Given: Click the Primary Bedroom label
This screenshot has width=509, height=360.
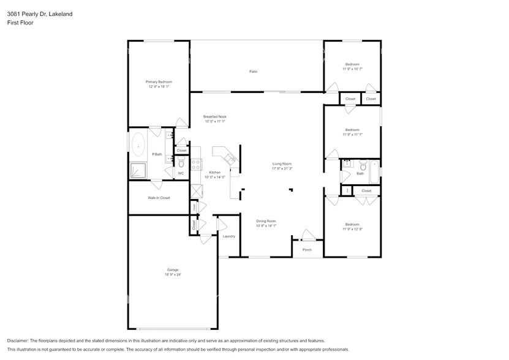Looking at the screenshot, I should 159,82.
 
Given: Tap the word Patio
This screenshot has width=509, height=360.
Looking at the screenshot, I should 253,72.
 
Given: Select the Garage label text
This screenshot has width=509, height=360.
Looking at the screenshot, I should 173,269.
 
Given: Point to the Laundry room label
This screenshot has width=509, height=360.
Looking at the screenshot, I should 229,236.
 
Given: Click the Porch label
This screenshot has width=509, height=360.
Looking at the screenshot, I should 307,249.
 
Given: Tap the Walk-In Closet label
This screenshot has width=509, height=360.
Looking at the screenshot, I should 159,198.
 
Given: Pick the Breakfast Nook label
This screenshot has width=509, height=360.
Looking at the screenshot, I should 215,116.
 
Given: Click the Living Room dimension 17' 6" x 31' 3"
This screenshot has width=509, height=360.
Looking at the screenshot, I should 282,168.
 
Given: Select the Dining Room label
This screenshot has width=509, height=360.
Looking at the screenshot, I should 266,221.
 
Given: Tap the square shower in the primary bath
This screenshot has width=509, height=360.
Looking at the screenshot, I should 138,171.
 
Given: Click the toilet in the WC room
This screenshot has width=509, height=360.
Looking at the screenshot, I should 181,163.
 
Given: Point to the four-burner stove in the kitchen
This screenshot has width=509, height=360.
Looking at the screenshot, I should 197,164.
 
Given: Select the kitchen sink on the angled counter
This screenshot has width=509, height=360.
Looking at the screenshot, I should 230,160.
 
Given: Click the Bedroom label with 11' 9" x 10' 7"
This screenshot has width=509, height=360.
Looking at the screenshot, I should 352,64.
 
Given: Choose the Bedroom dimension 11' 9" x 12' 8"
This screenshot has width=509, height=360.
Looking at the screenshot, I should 352,229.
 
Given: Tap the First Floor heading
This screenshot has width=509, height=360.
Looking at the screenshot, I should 20,23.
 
